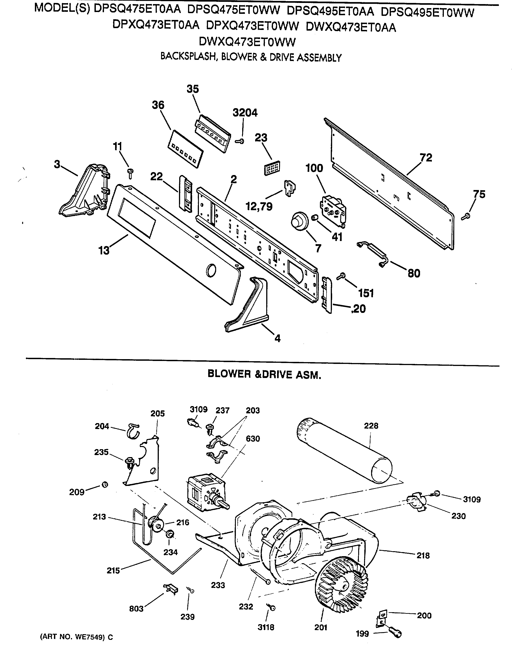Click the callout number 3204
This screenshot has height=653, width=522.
[x=245, y=113]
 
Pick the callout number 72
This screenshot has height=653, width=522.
[x=426, y=158]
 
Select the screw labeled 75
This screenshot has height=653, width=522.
[x=466, y=216]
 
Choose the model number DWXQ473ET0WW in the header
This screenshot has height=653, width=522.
[x=247, y=42]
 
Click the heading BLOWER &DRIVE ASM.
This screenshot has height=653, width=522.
[x=264, y=375]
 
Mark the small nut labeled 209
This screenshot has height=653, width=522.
[x=105, y=485]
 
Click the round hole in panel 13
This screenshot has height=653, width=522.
[x=211, y=270]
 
